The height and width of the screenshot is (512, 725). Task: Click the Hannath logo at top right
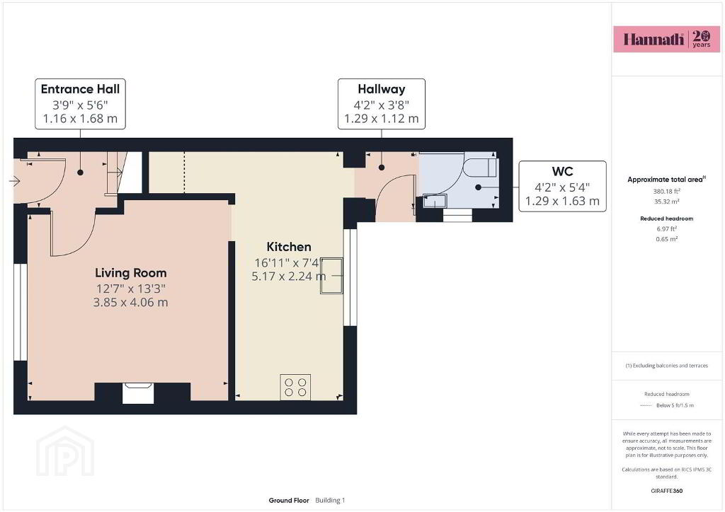tap(666, 39)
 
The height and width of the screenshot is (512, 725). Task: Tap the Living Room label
tap(131, 273)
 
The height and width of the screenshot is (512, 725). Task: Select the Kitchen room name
tap(289, 247)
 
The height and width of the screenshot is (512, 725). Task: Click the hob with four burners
tap(295, 387)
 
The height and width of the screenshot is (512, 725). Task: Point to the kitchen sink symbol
tap(331, 276)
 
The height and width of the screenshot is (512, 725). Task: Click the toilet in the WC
tap(480, 167)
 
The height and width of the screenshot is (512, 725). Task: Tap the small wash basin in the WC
tap(435, 202)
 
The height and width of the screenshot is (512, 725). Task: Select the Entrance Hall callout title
tap(80, 89)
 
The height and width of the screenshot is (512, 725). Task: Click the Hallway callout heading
tap(382, 89)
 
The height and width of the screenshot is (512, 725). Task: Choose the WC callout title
tap(562, 172)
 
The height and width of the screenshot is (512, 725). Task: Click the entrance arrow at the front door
tap(15, 181)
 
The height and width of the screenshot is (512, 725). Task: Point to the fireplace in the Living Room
tap(138, 393)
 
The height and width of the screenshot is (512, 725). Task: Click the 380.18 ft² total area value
tap(666, 191)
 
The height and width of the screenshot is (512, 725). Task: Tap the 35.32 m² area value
tap(666, 202)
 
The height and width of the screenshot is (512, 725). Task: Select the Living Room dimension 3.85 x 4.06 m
tap(131, 303)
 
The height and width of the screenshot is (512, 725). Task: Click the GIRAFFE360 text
tap(666, 491)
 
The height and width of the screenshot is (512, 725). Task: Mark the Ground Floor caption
tap(289, 501)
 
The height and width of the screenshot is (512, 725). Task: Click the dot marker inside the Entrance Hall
tap(81, 173)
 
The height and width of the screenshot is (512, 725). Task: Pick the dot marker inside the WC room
tap(478, 187)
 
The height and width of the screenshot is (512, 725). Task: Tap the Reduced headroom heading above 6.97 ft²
tap(666, 219)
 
